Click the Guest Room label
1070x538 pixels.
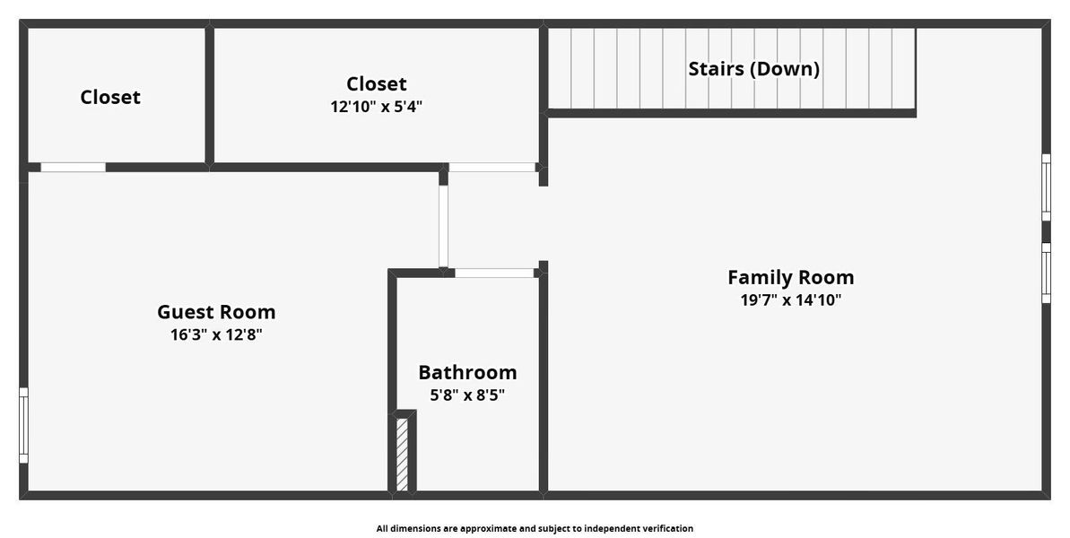[216, 312]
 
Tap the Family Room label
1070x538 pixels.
[790, 277]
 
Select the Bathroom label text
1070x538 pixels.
[467, 372]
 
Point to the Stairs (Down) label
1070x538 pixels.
[753, 69]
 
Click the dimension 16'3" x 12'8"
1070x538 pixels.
[216, 335]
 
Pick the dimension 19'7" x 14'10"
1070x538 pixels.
[790, 300]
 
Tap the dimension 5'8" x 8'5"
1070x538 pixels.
[467, 395]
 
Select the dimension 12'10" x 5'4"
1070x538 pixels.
[376, 107]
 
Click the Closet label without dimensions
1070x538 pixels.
[110, 97]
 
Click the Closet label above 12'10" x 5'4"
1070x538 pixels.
[376, 83]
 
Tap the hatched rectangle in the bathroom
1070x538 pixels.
[403, 454]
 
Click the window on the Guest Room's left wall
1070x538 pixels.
[24, 425]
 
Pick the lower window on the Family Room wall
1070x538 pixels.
[1046, 273]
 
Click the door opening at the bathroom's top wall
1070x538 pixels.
[495, 273]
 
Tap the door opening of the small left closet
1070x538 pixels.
[73, 167]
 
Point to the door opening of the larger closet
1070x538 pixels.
[492, 167]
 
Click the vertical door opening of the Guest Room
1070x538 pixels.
[443, 226]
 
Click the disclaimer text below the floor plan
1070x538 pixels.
[535, 529]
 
